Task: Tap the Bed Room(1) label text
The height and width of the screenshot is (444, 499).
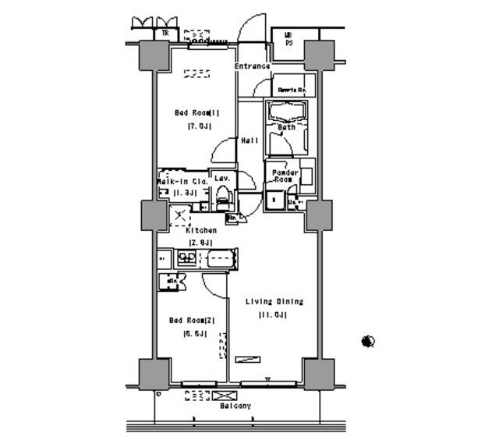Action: pos(196,112)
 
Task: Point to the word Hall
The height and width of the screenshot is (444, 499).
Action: pos(249,140)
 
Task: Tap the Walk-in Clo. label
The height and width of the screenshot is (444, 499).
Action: pos(179,181)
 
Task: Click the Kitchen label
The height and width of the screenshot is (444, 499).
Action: pos(201,231)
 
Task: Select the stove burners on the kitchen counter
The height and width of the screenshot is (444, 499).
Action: pos(186,258)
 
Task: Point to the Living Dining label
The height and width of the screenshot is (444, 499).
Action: pos(274,301)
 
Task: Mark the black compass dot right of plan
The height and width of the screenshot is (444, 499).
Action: pos(369,341)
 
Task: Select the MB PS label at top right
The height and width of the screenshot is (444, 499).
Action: pos(288,39)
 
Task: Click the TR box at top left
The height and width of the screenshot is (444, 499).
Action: pos(165,34)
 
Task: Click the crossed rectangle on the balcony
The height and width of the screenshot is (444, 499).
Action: pos(223,396)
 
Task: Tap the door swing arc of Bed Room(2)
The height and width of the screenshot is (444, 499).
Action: pos(212,282)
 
